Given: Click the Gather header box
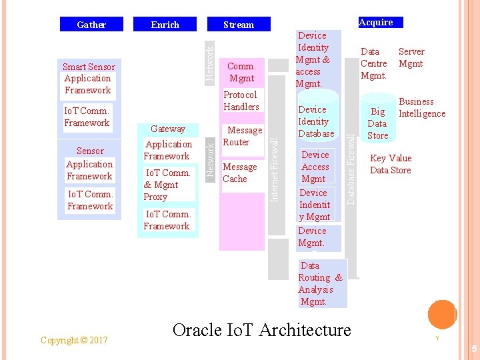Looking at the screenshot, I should pos(92,25).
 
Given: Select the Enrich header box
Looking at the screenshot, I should pos(165,25).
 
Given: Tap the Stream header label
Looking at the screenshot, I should pos(239,25).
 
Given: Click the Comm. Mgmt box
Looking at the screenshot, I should pos(241,72).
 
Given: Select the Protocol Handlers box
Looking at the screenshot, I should pos(241,101).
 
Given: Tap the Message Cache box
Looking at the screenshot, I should pos(239,173).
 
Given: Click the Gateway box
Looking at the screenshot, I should pos(168,129).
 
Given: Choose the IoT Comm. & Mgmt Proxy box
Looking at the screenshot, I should pos(168,185).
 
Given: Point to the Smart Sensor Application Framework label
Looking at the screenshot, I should pos(88,79).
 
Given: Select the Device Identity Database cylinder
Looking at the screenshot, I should pos(317,120).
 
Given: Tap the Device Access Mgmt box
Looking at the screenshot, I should pos(315,167).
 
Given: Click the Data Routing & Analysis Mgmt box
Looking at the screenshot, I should pos(321,283).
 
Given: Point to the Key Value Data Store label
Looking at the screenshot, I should pos(391,164).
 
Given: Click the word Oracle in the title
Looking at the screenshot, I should pos(201,330).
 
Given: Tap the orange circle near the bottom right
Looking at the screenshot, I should pos(441,313).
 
